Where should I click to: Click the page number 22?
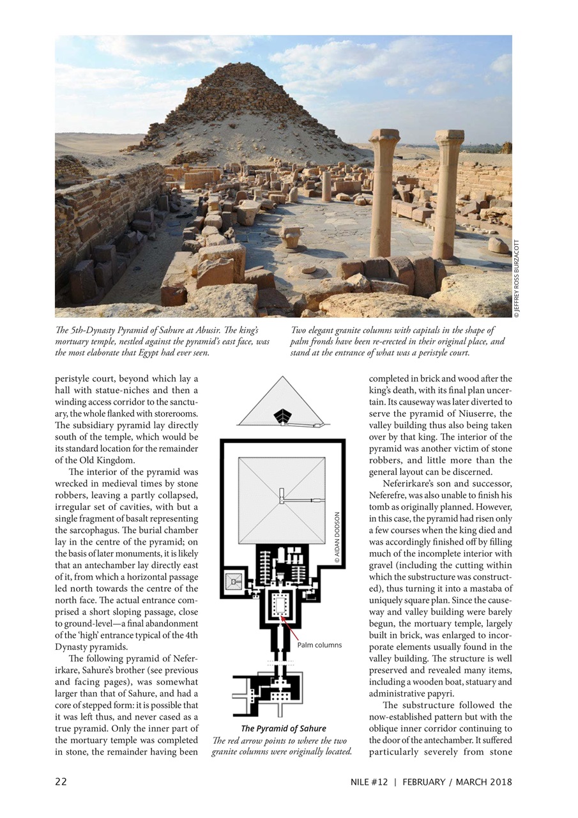(x=61, y=782)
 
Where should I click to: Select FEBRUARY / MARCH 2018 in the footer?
(x=457, y=782)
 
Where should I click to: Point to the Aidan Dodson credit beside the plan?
(x=338, y=537)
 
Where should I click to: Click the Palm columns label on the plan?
(x=319, y=645)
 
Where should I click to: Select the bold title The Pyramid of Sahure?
(x=284, y=729)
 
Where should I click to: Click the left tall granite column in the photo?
(x=383, y=192)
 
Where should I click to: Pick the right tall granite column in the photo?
(x=448, y=192)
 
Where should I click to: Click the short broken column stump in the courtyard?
(x=326, y=185)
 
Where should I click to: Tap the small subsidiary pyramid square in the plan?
(x=233, y=581)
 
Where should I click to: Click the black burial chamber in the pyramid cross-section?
(x=282, y=416)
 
